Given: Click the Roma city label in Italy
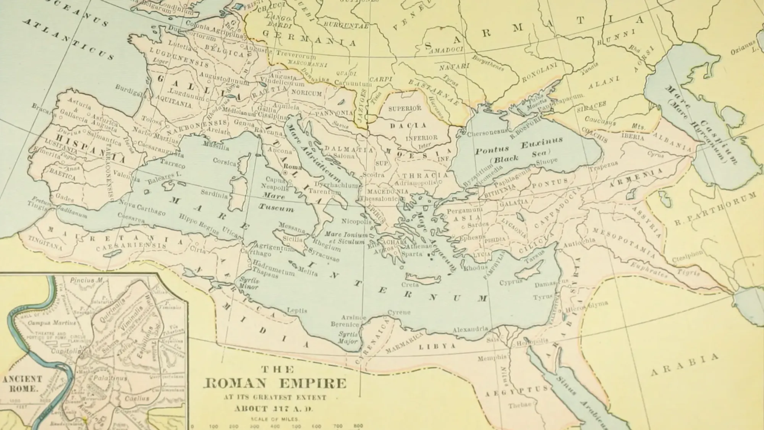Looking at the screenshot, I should (x=293, y=167).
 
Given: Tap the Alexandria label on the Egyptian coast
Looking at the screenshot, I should (x=470, y=329).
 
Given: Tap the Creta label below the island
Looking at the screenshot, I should (x=410, y=285).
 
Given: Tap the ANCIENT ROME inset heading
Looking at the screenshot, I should (x=22, y=383).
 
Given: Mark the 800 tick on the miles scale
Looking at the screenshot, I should (x=358, y=426).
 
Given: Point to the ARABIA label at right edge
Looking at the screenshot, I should (x=685, y=365).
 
